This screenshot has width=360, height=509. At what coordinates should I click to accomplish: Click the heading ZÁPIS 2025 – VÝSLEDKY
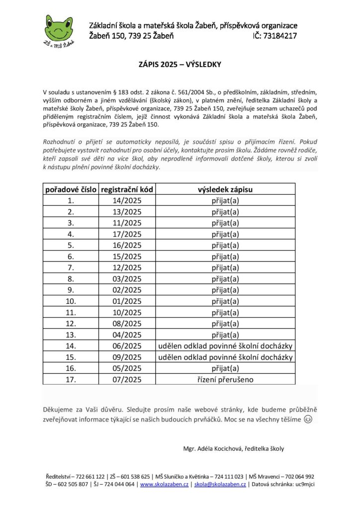[x=180, y=64]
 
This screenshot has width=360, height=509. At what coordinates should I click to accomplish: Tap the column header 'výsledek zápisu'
[x=225, y=189]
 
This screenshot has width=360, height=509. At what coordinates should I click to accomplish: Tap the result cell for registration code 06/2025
[x=225, y=346]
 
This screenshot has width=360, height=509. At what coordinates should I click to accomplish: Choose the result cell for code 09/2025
[x=225, y=357]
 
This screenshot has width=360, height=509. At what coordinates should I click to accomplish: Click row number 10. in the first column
[x=71, y=301]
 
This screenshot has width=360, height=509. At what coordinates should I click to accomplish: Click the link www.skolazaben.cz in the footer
[x=164, y=484]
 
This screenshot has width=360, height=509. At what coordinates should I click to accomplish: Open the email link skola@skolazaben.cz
[x=220, y=484]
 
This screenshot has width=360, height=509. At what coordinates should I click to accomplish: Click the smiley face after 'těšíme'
[x=308, y=420]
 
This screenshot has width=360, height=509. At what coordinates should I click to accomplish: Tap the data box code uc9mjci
[x=304, y=484]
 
